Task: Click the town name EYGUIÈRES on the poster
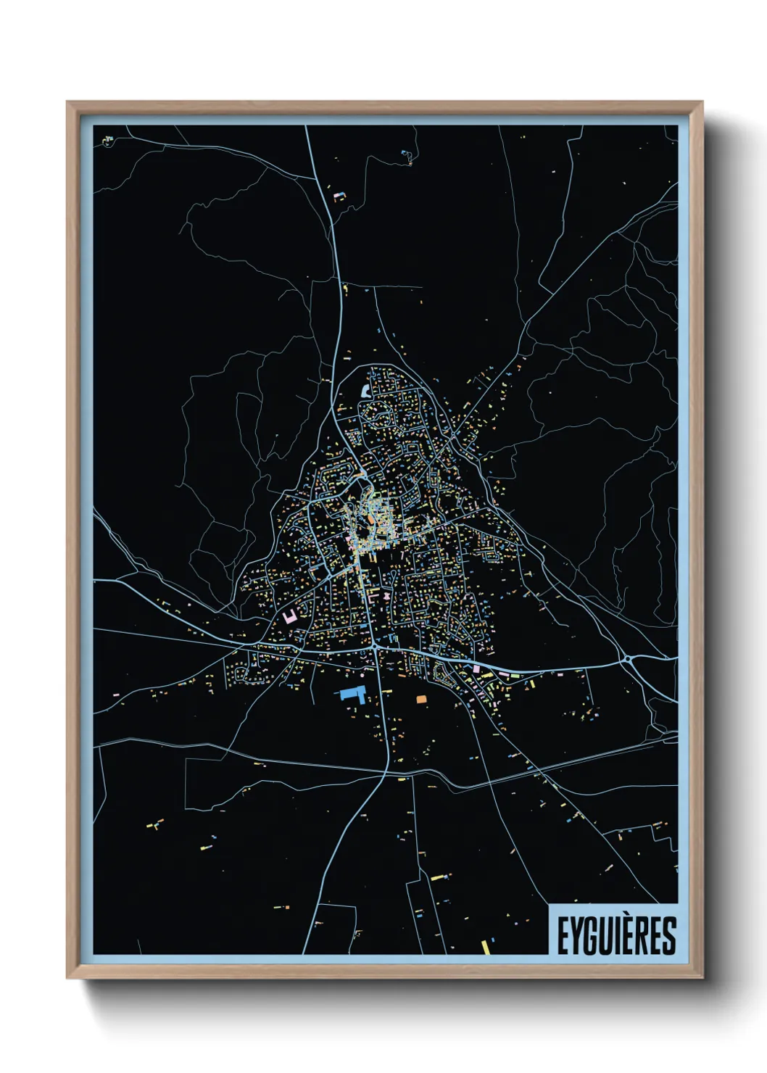615,936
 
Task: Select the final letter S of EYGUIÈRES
668,937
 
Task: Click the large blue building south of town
352,694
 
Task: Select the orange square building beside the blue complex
421,699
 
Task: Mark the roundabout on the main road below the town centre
373,644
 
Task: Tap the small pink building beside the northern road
338,196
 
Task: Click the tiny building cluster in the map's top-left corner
108,139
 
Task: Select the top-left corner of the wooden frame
68,103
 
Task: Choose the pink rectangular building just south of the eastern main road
476,668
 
